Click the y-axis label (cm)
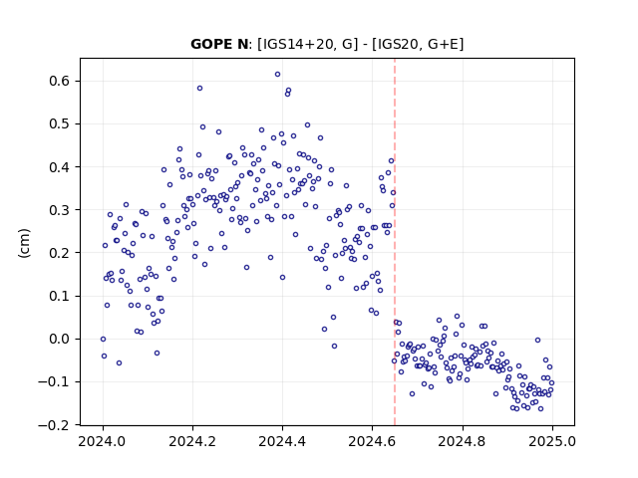pyautogui.click(x=24, y=243)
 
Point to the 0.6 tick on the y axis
pyautogui.click(x=60, y=81)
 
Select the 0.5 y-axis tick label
pyautogui.click(x=60, y=123)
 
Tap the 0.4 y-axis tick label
pyautogui.click(x=60, y=167)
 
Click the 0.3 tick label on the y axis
pyautogui.click(x=60, y=210)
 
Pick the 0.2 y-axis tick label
pyautogui.click(x=60, y=253)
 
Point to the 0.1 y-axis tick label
pyautogui.click(x=60, y=296)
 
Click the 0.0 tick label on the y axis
pyautogui.click(x=60, y=339)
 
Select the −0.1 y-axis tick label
pyautogui.click(x=54, y=382)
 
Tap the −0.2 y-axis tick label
pyautogui.click(x=54, y=425)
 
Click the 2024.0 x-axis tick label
pyautogui.click(x=103, y=441)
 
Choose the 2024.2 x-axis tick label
pyautogui.click(x=192, y=441)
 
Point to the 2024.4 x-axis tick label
pyautogui.click(x=282, y=441)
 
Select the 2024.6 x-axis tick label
pyautogui.click(x=372, y=441)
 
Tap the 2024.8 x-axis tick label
pyautogui.click(x=463, y=441)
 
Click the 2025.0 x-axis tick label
pyautogui.click(x=552, y=441)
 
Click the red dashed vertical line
pyautogui.click(x=395, y=242)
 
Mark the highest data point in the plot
pyautogui.click(x=277, y=75)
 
